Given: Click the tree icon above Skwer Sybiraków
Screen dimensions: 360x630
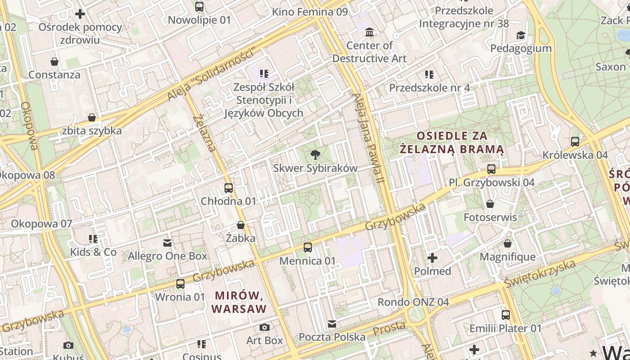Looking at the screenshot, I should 315,155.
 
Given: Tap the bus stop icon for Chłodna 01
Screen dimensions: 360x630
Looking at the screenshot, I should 229,188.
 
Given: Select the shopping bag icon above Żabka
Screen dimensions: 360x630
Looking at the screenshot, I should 241,225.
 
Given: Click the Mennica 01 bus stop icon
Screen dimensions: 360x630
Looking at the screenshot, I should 308,247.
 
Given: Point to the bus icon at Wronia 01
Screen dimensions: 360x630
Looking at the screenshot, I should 180,284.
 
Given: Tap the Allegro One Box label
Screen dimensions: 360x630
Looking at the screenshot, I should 167,256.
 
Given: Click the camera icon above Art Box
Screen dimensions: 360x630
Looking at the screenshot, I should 265,327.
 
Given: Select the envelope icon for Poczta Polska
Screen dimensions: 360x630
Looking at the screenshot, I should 332,324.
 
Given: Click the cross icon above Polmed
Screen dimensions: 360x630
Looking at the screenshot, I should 432,258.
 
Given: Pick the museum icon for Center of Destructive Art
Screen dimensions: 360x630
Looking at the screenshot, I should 369,32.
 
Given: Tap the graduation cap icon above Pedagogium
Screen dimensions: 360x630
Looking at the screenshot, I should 521,35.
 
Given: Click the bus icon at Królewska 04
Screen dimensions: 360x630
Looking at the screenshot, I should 575,142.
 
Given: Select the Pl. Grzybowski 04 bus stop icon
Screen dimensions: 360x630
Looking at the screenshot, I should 491,170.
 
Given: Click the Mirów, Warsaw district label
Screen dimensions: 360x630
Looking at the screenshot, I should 239,302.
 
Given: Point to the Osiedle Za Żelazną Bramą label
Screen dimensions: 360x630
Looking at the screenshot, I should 452,142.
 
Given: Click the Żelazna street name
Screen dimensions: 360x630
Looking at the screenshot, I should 204,133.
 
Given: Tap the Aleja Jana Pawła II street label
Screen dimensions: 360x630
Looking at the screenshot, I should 369,137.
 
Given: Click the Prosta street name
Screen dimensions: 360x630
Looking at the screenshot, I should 389,328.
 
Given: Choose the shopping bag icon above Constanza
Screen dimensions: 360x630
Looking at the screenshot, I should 54,62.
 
